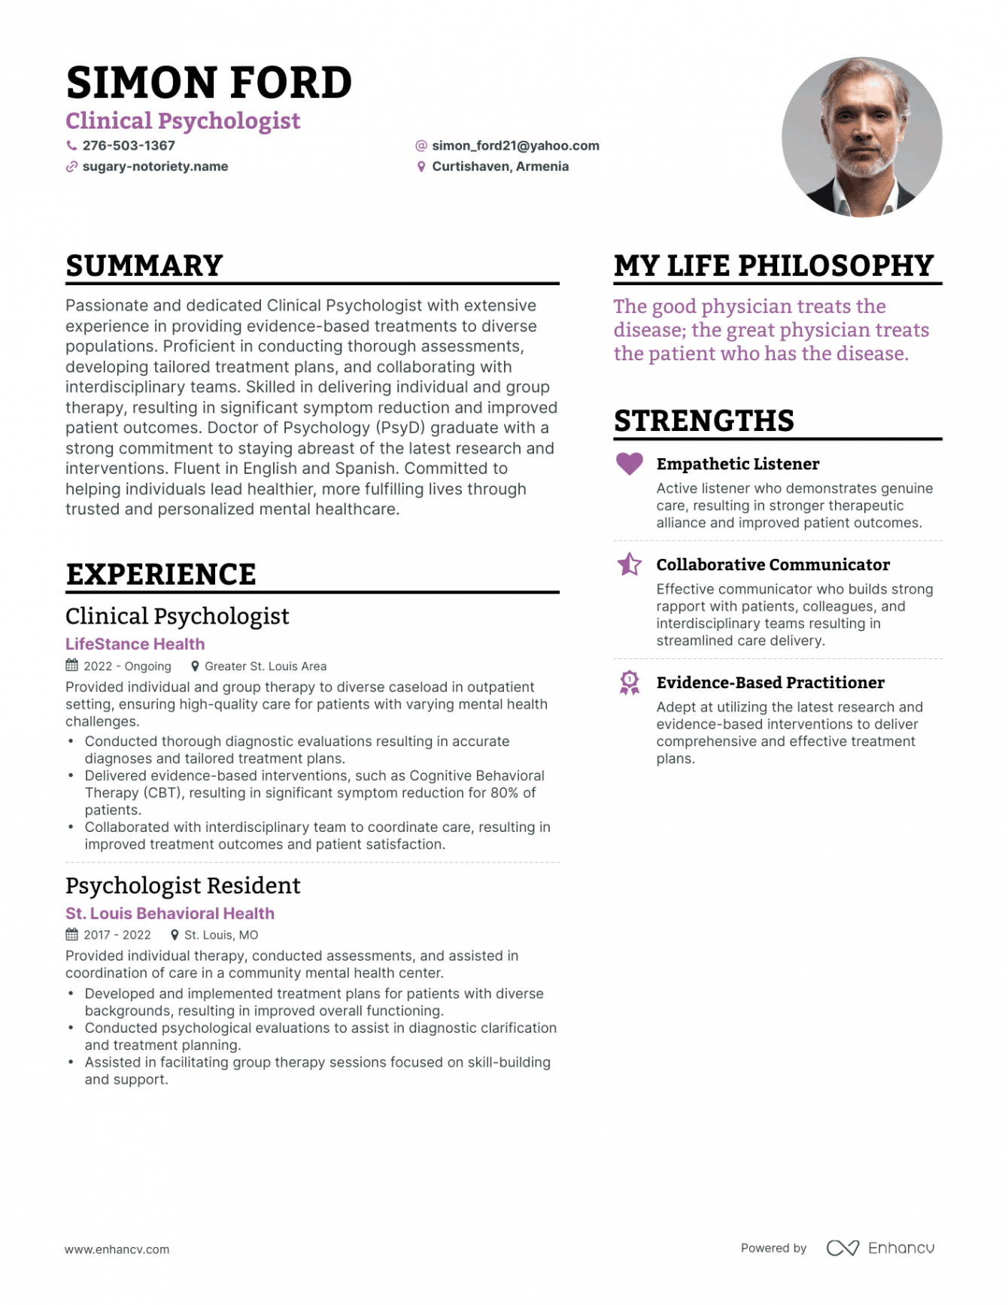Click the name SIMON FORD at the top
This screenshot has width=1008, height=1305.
click(x=208, y=82)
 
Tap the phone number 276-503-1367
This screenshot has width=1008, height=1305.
click(x=129, y=145)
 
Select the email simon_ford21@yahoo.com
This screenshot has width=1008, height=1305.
click(x=515, y=145)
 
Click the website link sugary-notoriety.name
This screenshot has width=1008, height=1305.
click(x=155, y=166)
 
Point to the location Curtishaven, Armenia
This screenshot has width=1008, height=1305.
click(x=500, y=166)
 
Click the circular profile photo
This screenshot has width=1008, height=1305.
click(x=861, y=137)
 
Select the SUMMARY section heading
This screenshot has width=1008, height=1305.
click(x=144, y=266)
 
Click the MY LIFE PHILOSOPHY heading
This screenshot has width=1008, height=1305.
click(x=773, y=266)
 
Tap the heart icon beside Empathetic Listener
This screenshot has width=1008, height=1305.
click(x=630, y=463)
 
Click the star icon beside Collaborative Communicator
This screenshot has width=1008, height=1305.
click(x=630, y=564)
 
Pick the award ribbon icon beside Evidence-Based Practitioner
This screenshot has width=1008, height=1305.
click(x=630, y=682)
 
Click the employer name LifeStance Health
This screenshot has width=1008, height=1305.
click(x=135, y=644)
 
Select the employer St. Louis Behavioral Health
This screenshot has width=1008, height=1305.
click(x=170, y=913)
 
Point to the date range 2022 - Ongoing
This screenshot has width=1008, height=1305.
click(x=127, y=666)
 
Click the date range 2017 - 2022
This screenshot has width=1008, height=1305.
click(x=117, y=935)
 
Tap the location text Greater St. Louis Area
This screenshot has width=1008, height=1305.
click(x=266, y=666)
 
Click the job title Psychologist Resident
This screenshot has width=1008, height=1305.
click(x=183, y=885)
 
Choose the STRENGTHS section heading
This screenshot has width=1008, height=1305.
click(x=703, y=420)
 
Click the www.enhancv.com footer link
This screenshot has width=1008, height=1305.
click(x=117, y=1249)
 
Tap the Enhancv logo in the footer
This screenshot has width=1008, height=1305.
click(x=880, y=1248)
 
